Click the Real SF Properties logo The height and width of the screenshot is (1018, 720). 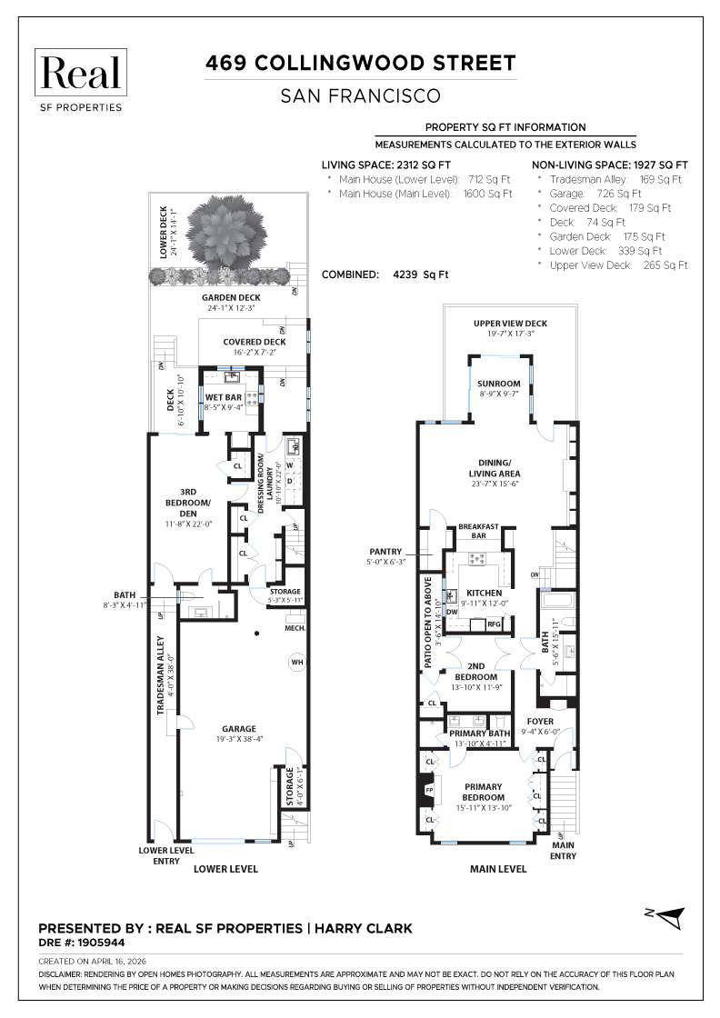click(x=81, y=81)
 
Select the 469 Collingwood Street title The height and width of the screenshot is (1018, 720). click(x=360, y=63)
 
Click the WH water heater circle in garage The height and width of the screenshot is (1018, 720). click(x=297, y=663)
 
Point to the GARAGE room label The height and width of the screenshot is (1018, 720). click(x=238, y=728)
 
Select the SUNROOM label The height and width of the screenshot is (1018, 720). click(x=499, y=384)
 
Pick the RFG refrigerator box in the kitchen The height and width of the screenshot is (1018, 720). click(x=494, y=624)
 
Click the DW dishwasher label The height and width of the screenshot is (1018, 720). click(x=451, y=613)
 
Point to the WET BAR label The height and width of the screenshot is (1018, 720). click(x=224, y=397)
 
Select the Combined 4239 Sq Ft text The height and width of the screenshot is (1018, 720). click(x=385, y=274)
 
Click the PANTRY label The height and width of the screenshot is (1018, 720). click(x=385, y=551)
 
